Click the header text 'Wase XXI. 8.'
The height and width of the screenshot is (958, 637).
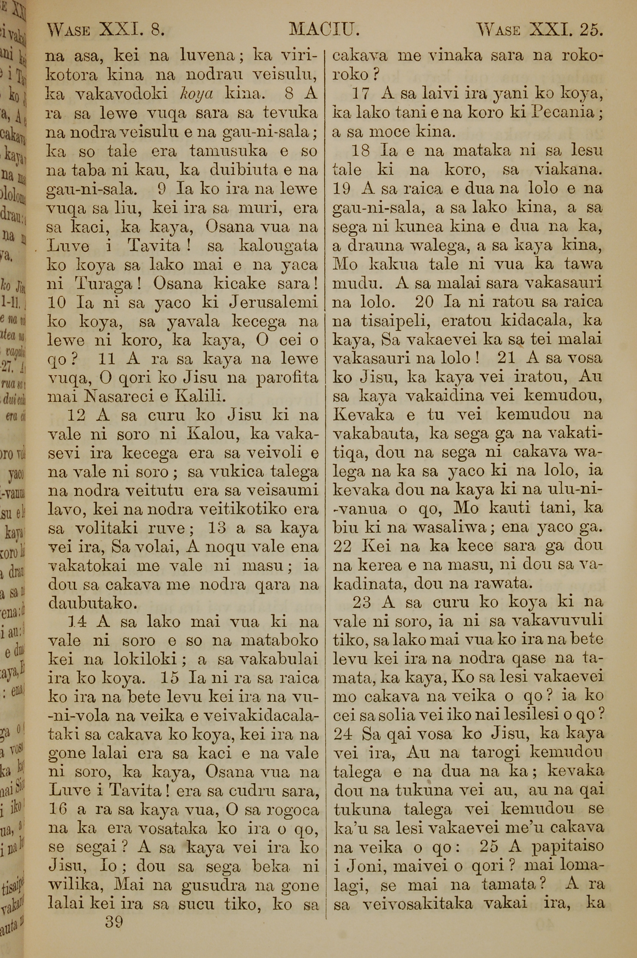[x=106, y=29]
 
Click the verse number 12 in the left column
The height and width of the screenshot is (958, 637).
[x=76, y=415]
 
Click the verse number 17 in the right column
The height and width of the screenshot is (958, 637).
[x=360, y=94]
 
